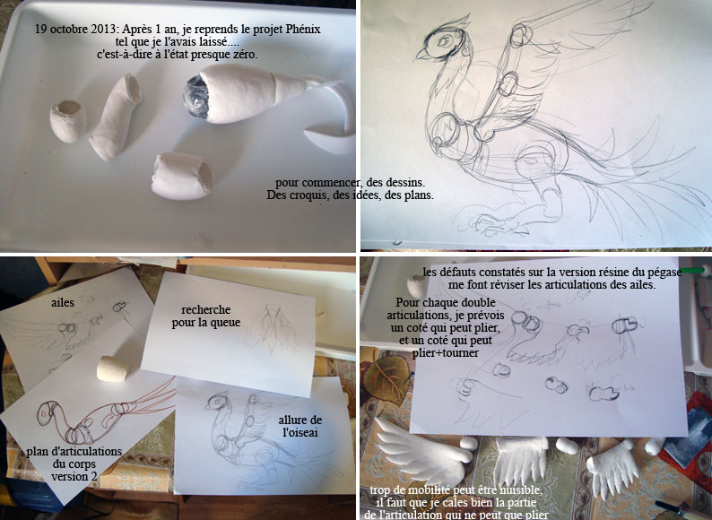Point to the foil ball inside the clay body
[x=196, y=97]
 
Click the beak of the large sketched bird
[x=422, y=54]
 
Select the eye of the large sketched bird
[x=444, y=41]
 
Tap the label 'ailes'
[x=63, y=302]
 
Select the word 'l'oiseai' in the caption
[x=300, y=432]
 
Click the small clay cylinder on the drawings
[x=112, y=368]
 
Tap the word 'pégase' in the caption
[x=664, y=273]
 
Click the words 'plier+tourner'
[x=445, y=353]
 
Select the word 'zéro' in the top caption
[x=246, y=55]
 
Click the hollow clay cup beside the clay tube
[x=68, y=121]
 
